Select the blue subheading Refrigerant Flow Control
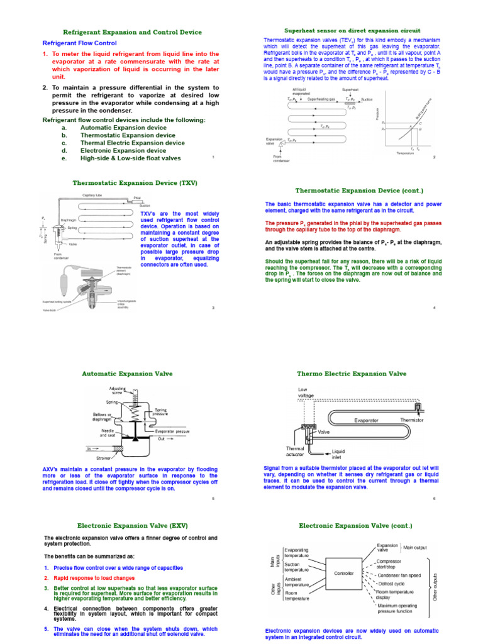point(79,43)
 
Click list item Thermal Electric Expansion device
point(133,143)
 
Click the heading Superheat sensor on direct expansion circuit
point(352,30)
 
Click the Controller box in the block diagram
point(343,574)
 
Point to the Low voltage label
point(306,392)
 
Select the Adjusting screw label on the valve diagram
point(118,391)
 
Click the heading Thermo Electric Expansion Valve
point(352,374)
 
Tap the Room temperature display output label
point(402,594)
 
